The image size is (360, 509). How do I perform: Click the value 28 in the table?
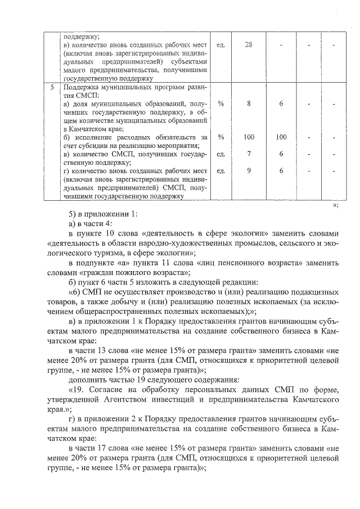pyautogui.click(x=248, y=45)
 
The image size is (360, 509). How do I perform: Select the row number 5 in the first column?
pyautogui.click(x=52, y=88)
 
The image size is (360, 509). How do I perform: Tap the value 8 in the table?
pyautogui.click(x=248, y=104)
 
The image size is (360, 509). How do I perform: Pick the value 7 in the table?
pyautogui.click(x=248, y=154)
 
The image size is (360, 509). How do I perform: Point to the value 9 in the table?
pyautogui.click(x=248, y=170)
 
